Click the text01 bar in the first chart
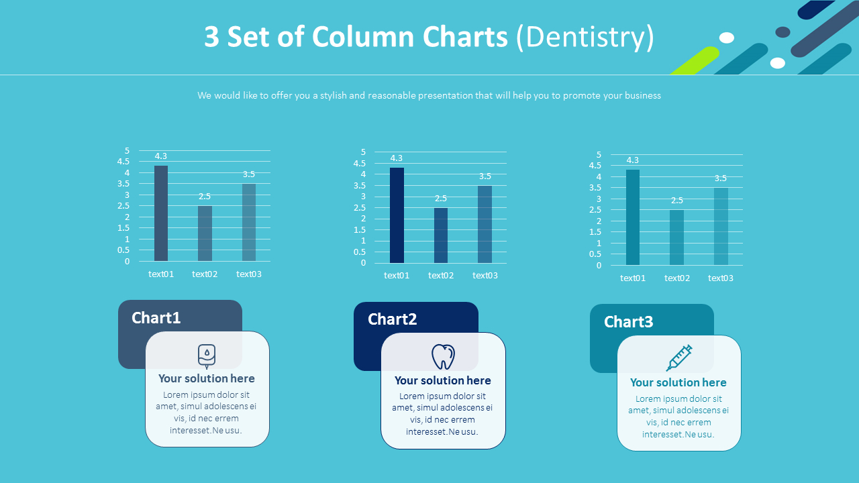coord(161,213)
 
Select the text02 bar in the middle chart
coord(441,235)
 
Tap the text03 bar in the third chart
coord(721,226)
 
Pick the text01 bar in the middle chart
coord(397,215)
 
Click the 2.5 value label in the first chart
coord(205,197)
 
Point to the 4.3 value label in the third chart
coord(633,160)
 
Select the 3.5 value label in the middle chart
coord(485,176)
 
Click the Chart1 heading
coord(156,317)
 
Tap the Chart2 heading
coord(393,319)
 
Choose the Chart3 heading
coord(629,322)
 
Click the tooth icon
coord(443,357)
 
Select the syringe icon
coord(679,358)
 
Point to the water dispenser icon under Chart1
coord(207,356)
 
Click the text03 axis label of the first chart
coord(249,274)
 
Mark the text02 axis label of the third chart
coord(677,278)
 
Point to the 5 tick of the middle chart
coord(364,152)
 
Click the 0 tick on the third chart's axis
coord(599,266)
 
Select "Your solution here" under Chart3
coord(678,382)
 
